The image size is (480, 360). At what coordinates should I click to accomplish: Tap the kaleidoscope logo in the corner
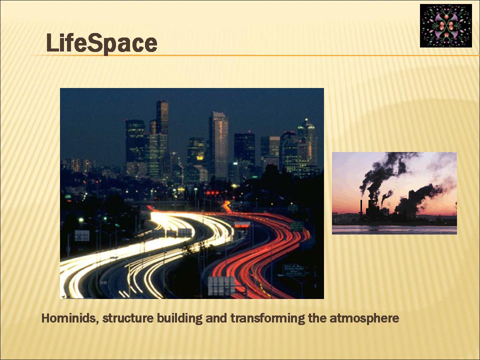[x=445, y=25]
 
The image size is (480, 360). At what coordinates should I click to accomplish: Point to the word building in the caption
[x=179, y=318]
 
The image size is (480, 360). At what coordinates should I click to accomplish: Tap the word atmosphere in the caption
[x=364, y=318]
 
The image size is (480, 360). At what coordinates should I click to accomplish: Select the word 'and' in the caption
[x=216, y=318]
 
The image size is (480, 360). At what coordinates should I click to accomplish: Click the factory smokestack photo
[x=394, y=193]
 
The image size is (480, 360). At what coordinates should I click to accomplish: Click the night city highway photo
[x=192, y=193]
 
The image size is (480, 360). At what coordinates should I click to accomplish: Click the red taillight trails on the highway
[x=260, y=251]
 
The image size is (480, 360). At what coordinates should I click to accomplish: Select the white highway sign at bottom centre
[x=221, y=286]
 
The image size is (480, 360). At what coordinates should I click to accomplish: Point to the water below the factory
[x=394, y=229]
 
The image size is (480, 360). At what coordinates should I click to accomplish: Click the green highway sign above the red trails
[x=296, y=226]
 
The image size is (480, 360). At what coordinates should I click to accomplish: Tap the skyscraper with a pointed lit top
[x=306, y=144]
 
